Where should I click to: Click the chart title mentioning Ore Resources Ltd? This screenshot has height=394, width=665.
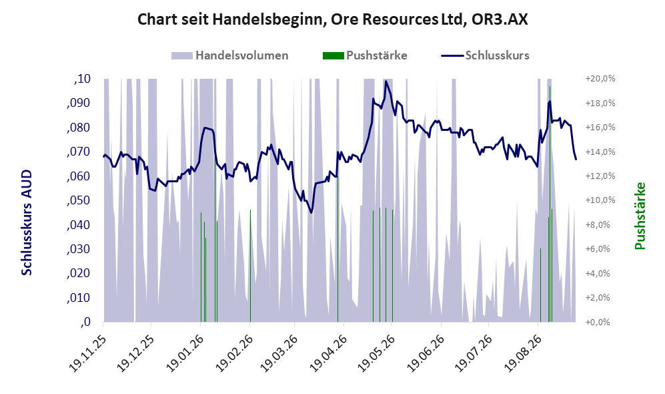coord(333,19)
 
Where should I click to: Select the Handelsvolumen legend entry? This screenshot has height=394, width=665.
coord(230,55)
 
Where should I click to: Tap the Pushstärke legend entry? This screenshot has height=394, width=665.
coord(365,55)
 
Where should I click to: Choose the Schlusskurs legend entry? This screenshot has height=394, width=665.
coord(485,55)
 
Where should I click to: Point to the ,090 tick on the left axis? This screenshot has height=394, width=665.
coord(79,103)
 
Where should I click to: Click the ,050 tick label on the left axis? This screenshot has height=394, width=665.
coord(79,200)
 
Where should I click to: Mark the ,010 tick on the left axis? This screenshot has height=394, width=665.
coord(79,298)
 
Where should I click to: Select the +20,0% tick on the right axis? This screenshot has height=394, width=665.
coord(600,79)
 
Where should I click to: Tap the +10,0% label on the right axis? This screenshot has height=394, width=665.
coord(600,200)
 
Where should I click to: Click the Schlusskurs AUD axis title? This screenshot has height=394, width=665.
coord(26,222)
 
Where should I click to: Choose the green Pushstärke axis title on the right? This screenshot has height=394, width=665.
coord(640,216)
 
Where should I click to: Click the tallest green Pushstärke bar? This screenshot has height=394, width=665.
coord(550,204)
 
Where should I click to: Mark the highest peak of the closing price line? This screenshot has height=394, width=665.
coord(386,81)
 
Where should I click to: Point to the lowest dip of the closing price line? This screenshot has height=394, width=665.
coord(311,212)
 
